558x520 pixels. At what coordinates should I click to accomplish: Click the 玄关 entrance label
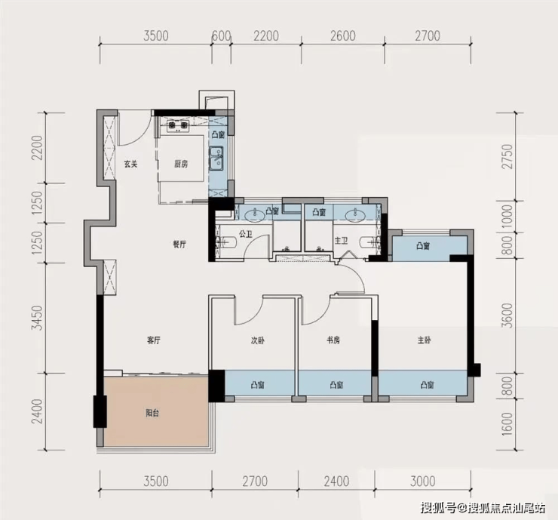130,165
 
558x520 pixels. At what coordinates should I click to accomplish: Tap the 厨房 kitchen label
181,165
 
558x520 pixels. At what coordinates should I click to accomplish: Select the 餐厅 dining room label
179,245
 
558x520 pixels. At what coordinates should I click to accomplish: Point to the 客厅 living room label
154,340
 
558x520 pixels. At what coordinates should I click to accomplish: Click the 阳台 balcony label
152,413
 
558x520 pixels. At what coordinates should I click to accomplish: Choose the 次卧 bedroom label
257,340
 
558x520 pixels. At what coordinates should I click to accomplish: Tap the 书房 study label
333,340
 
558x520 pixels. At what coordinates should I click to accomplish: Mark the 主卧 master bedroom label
425,340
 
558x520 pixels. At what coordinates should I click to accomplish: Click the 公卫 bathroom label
246,234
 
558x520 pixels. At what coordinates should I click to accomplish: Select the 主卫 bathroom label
341,241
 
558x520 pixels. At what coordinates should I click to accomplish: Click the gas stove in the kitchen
178,126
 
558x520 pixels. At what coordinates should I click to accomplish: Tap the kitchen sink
216,158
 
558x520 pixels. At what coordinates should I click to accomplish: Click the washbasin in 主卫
354,214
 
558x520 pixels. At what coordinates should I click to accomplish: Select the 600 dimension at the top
222,36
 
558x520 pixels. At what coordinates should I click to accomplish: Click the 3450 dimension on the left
37,318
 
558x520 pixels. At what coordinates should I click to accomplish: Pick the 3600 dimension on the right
508,315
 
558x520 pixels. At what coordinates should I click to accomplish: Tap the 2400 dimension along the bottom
336,482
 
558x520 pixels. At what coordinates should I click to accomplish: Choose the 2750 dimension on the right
508,157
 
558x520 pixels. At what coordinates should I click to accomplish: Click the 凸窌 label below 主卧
427,385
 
